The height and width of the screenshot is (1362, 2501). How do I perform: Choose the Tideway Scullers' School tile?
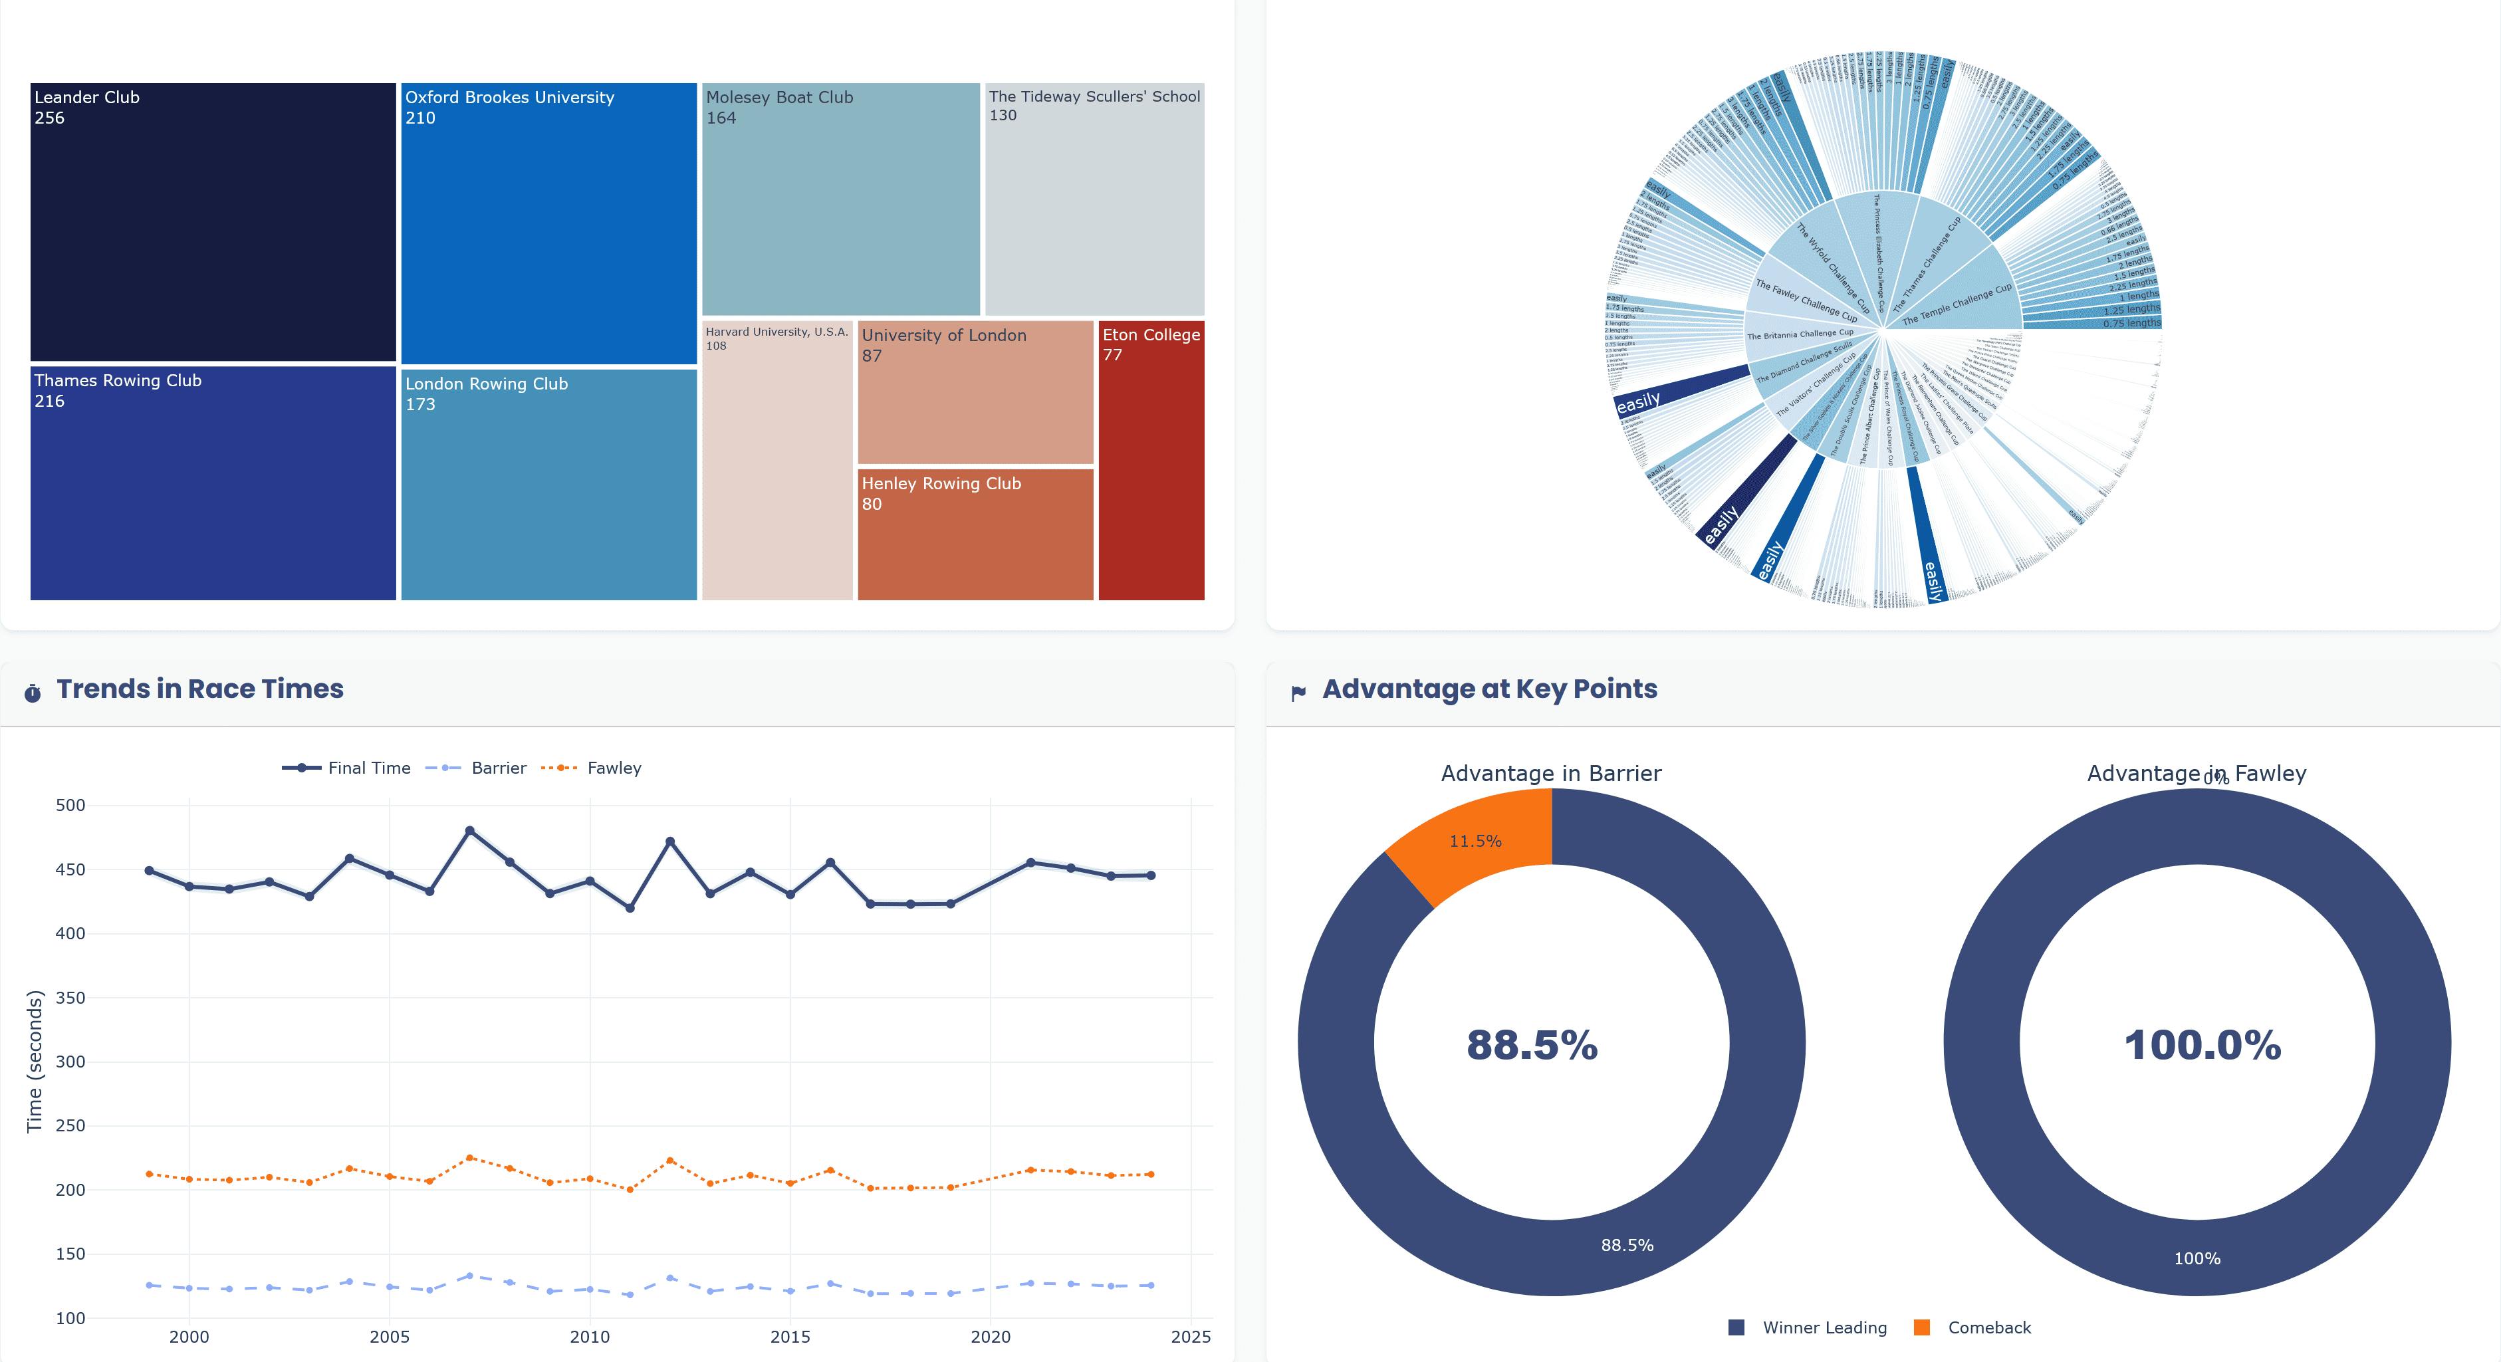(1094, 199)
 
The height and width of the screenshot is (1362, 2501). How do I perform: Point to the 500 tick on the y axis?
(71, 805)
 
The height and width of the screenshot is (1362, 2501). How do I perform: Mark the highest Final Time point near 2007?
(470, 831)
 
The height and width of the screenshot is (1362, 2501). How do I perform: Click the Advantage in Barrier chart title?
(1550, 774)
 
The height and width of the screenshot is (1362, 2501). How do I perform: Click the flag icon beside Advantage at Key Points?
(1298, 693)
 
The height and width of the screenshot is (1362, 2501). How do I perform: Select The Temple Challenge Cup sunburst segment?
(1961, 301)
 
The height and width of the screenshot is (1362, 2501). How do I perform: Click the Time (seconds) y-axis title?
(35, 1061)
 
